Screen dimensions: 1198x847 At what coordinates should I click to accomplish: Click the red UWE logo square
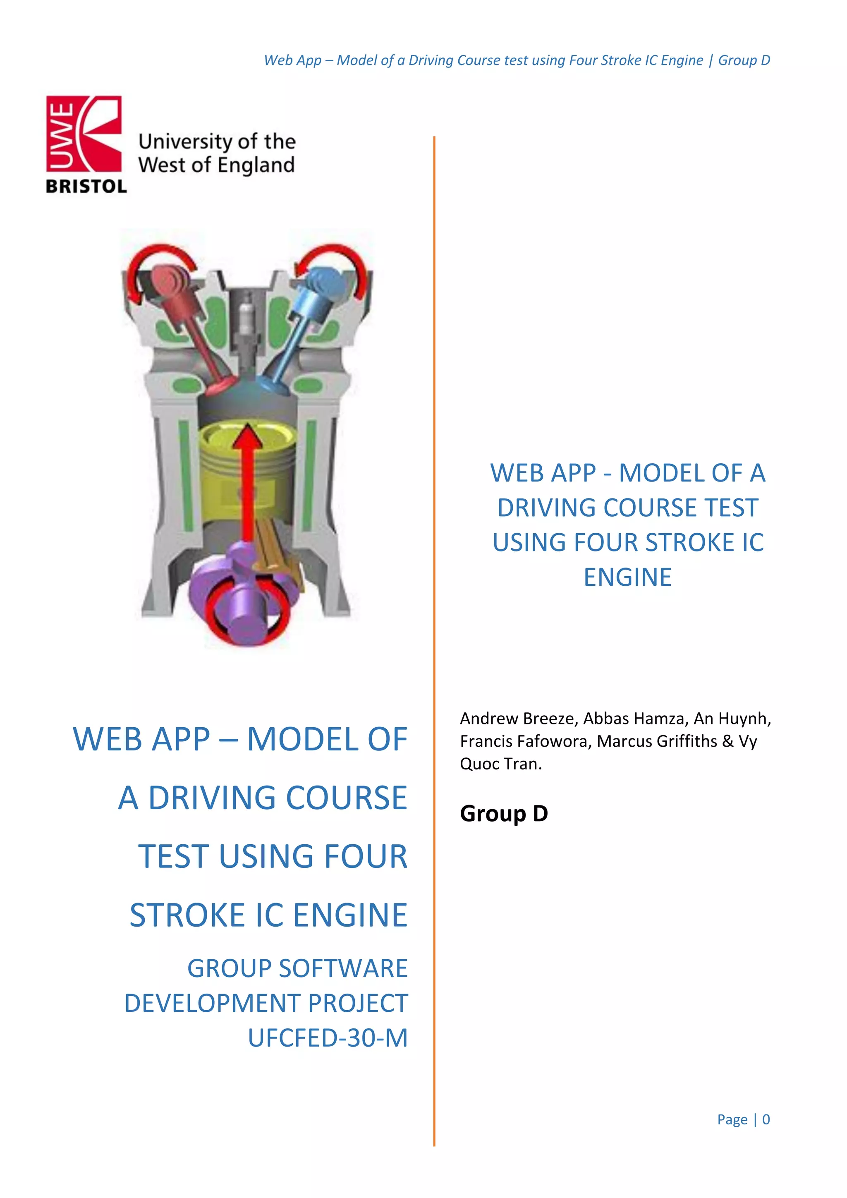tap(84, 134)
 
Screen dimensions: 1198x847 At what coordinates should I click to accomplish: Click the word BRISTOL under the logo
tap(86, 186)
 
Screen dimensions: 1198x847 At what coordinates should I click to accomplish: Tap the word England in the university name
tap(256, 165)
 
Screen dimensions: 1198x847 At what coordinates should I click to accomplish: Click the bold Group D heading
tap(504, 813)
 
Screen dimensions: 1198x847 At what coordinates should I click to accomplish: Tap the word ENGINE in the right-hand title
tap(627, 577)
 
